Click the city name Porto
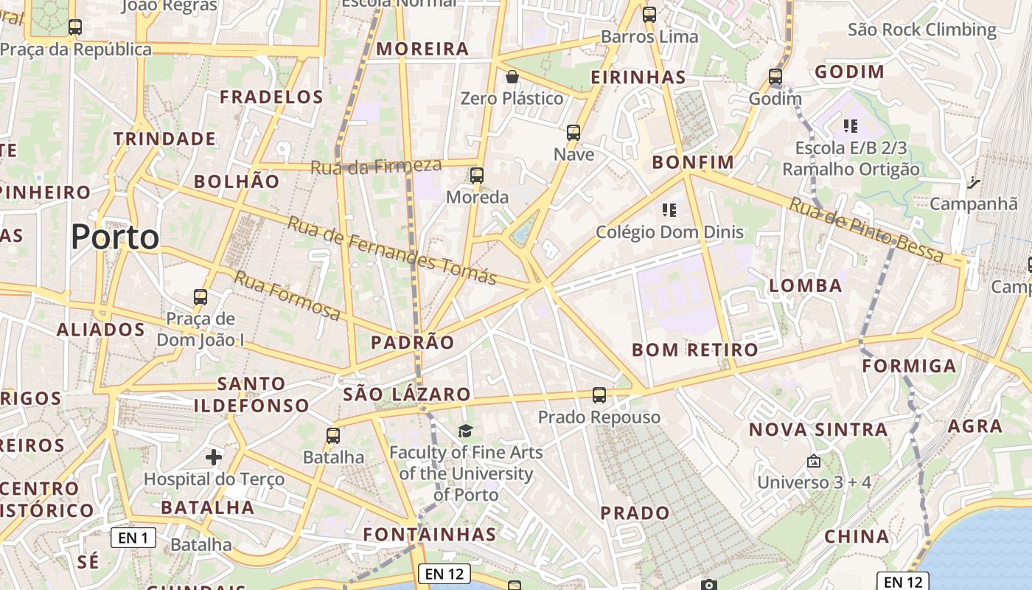click(x=115, y=237)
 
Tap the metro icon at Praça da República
click(x=74, y=27)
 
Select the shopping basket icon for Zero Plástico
click(x=512, y=76)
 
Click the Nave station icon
click(x=573, y=133)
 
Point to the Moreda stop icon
click(x=477, y=176)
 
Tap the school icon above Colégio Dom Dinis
click(x=669, y=210)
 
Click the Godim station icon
click(x=775, y=77)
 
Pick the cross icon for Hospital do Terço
click(x=214, y=457)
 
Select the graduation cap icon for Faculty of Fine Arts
click(x=465, y=431)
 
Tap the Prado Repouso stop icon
click(x=599, y=395)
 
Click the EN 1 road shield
click(x=133, y=538)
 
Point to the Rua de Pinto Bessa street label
click(x=866, y=230)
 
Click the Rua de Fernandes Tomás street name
click(x=391, y=250)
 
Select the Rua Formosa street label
click(x=287, y=296)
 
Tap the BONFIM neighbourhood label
click(x=693, y=162)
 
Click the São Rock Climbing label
click(x=921, y=30)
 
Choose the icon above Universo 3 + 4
click(x=814, y=461)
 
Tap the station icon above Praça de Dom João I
click(x=201, y=297)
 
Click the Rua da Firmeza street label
click(x=376, y=167)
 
